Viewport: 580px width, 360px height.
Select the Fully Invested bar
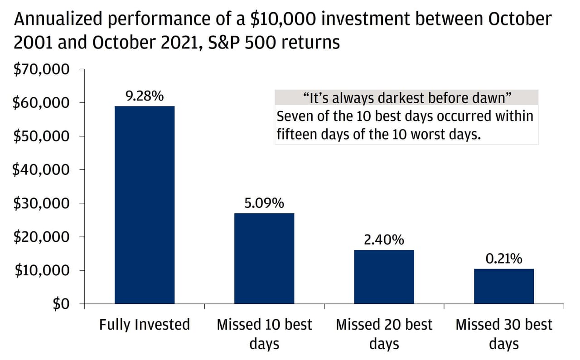point(145,205)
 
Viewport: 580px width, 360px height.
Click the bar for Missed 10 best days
point(264,258)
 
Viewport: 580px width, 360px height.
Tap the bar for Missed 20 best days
point(384,277)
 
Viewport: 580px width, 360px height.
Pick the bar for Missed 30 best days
point(503,286)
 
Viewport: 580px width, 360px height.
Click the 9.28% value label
point(145,96)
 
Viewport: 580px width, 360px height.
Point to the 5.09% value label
point(264,203)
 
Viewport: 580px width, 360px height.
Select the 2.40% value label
point(384,240)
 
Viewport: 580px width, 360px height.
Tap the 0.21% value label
point(503,259)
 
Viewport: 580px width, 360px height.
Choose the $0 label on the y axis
point(61,304)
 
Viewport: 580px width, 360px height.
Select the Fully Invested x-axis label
point(145,325)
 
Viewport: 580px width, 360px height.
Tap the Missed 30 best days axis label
point(503,334)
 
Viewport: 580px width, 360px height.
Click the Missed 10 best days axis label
point(264,334)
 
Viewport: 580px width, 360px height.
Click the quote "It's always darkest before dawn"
point(406,97)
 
